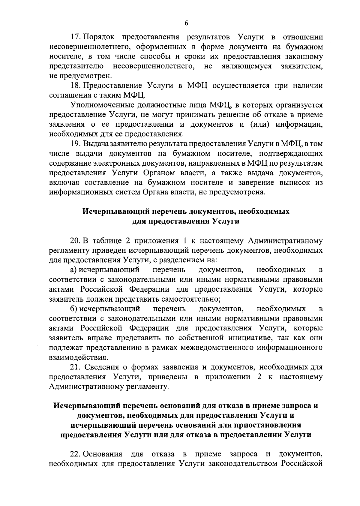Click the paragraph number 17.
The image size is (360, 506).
click(76, 37)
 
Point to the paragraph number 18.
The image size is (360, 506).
click(76, 86)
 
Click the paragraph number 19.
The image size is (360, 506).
click(76, 144)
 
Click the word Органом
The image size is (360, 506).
click(160, 173)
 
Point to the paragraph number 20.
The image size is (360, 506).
click(76, 241)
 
